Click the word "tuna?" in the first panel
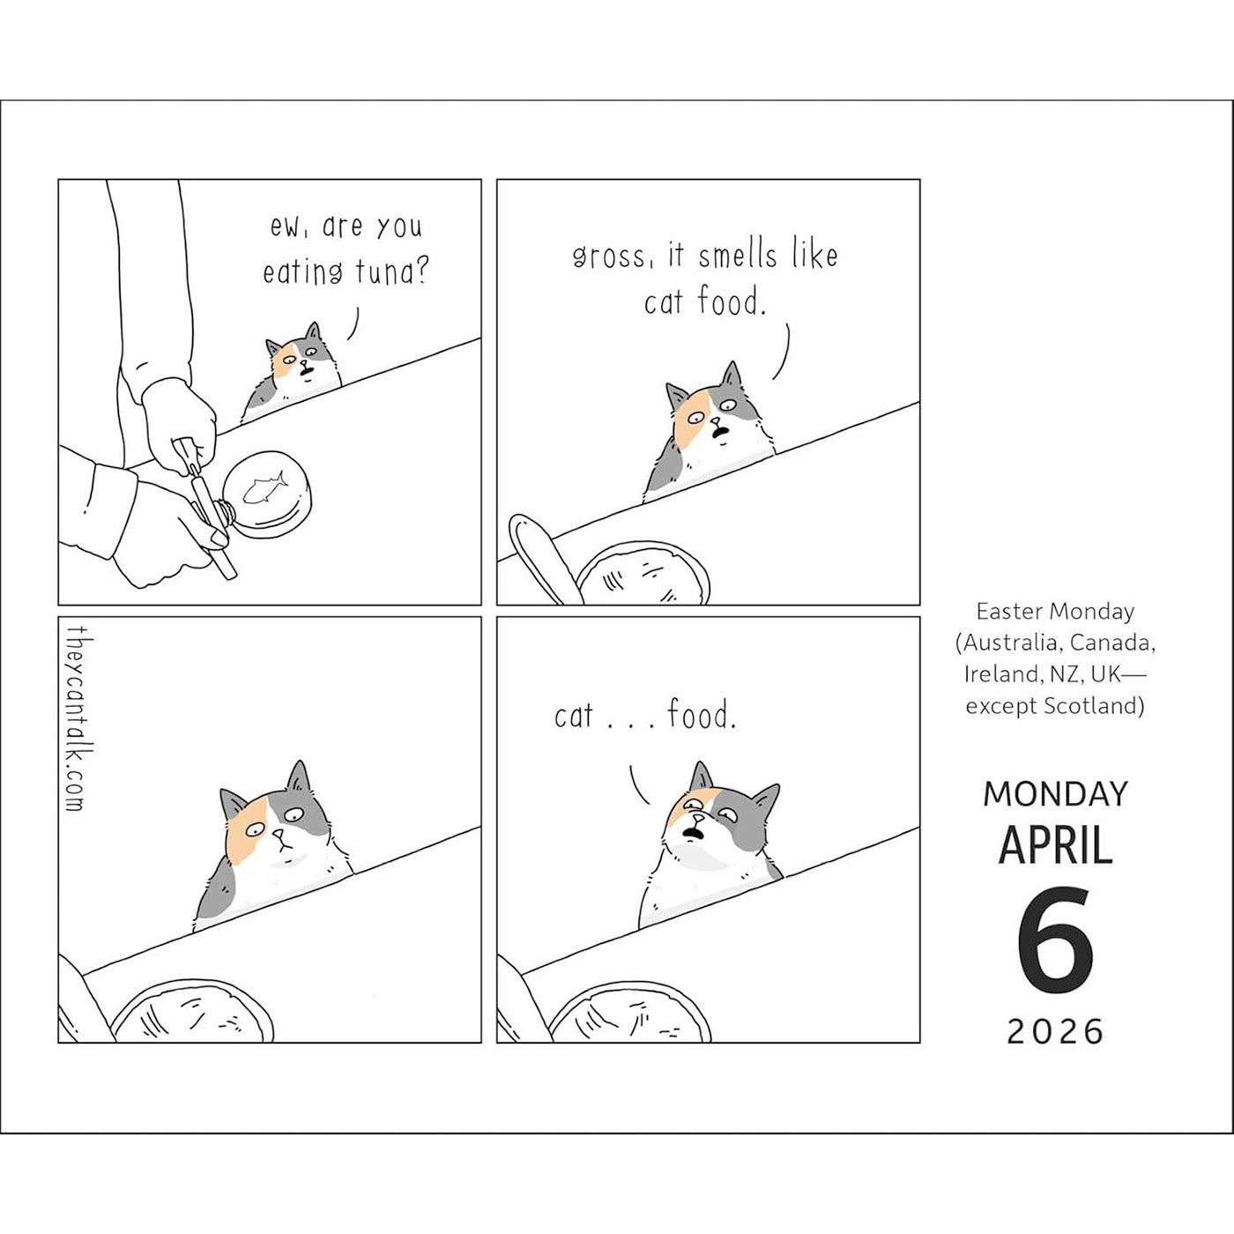[x=391, y=273]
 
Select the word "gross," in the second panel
[x=609, y=256]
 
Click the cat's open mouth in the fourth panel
[x=692, y=833]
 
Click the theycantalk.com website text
[x=74, y=718]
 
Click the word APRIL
[x=1055, y=844]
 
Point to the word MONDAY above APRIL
[x=1055, y=794]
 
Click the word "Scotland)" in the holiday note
[x=1094, y=705]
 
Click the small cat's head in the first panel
[x=301, y=358]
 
